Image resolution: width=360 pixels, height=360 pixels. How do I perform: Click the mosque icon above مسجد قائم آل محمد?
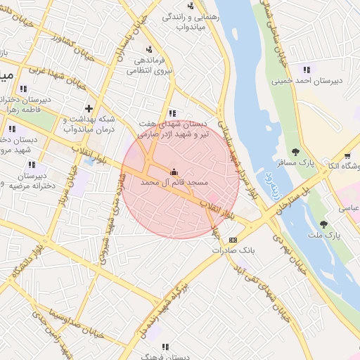point(174,171)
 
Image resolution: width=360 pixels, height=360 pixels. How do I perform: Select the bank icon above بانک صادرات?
point(233,240)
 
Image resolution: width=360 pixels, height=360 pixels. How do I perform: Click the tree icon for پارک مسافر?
point(295,151)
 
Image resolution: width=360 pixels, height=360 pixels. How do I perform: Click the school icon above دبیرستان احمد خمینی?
point(306,70)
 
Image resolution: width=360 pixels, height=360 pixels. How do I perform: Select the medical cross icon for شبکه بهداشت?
point(89,108)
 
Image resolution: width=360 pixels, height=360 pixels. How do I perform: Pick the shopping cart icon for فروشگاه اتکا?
point(347,156)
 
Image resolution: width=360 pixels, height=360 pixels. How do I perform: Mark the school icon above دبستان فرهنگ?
point(165,347)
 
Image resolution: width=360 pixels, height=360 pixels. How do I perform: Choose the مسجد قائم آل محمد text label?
point(175,182)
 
